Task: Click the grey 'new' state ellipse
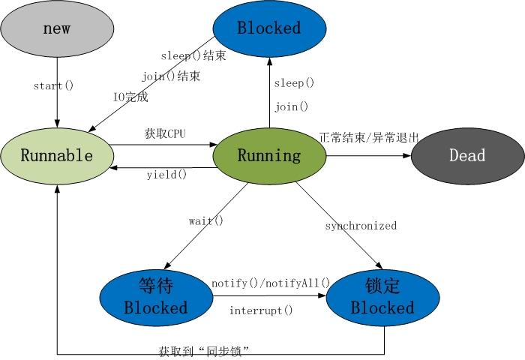57,28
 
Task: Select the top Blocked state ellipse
269,28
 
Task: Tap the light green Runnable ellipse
57,156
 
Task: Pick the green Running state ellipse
269,156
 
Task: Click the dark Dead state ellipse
467,156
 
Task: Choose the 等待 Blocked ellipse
155,297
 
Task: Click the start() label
53,85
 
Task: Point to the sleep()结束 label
193,55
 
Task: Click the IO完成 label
130,97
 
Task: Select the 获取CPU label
165,133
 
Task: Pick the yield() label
166,175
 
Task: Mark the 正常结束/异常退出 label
368,137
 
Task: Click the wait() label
205,220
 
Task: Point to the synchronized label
361,225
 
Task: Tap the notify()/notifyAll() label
271,283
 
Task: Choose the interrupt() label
261,310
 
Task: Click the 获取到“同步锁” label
204,350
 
